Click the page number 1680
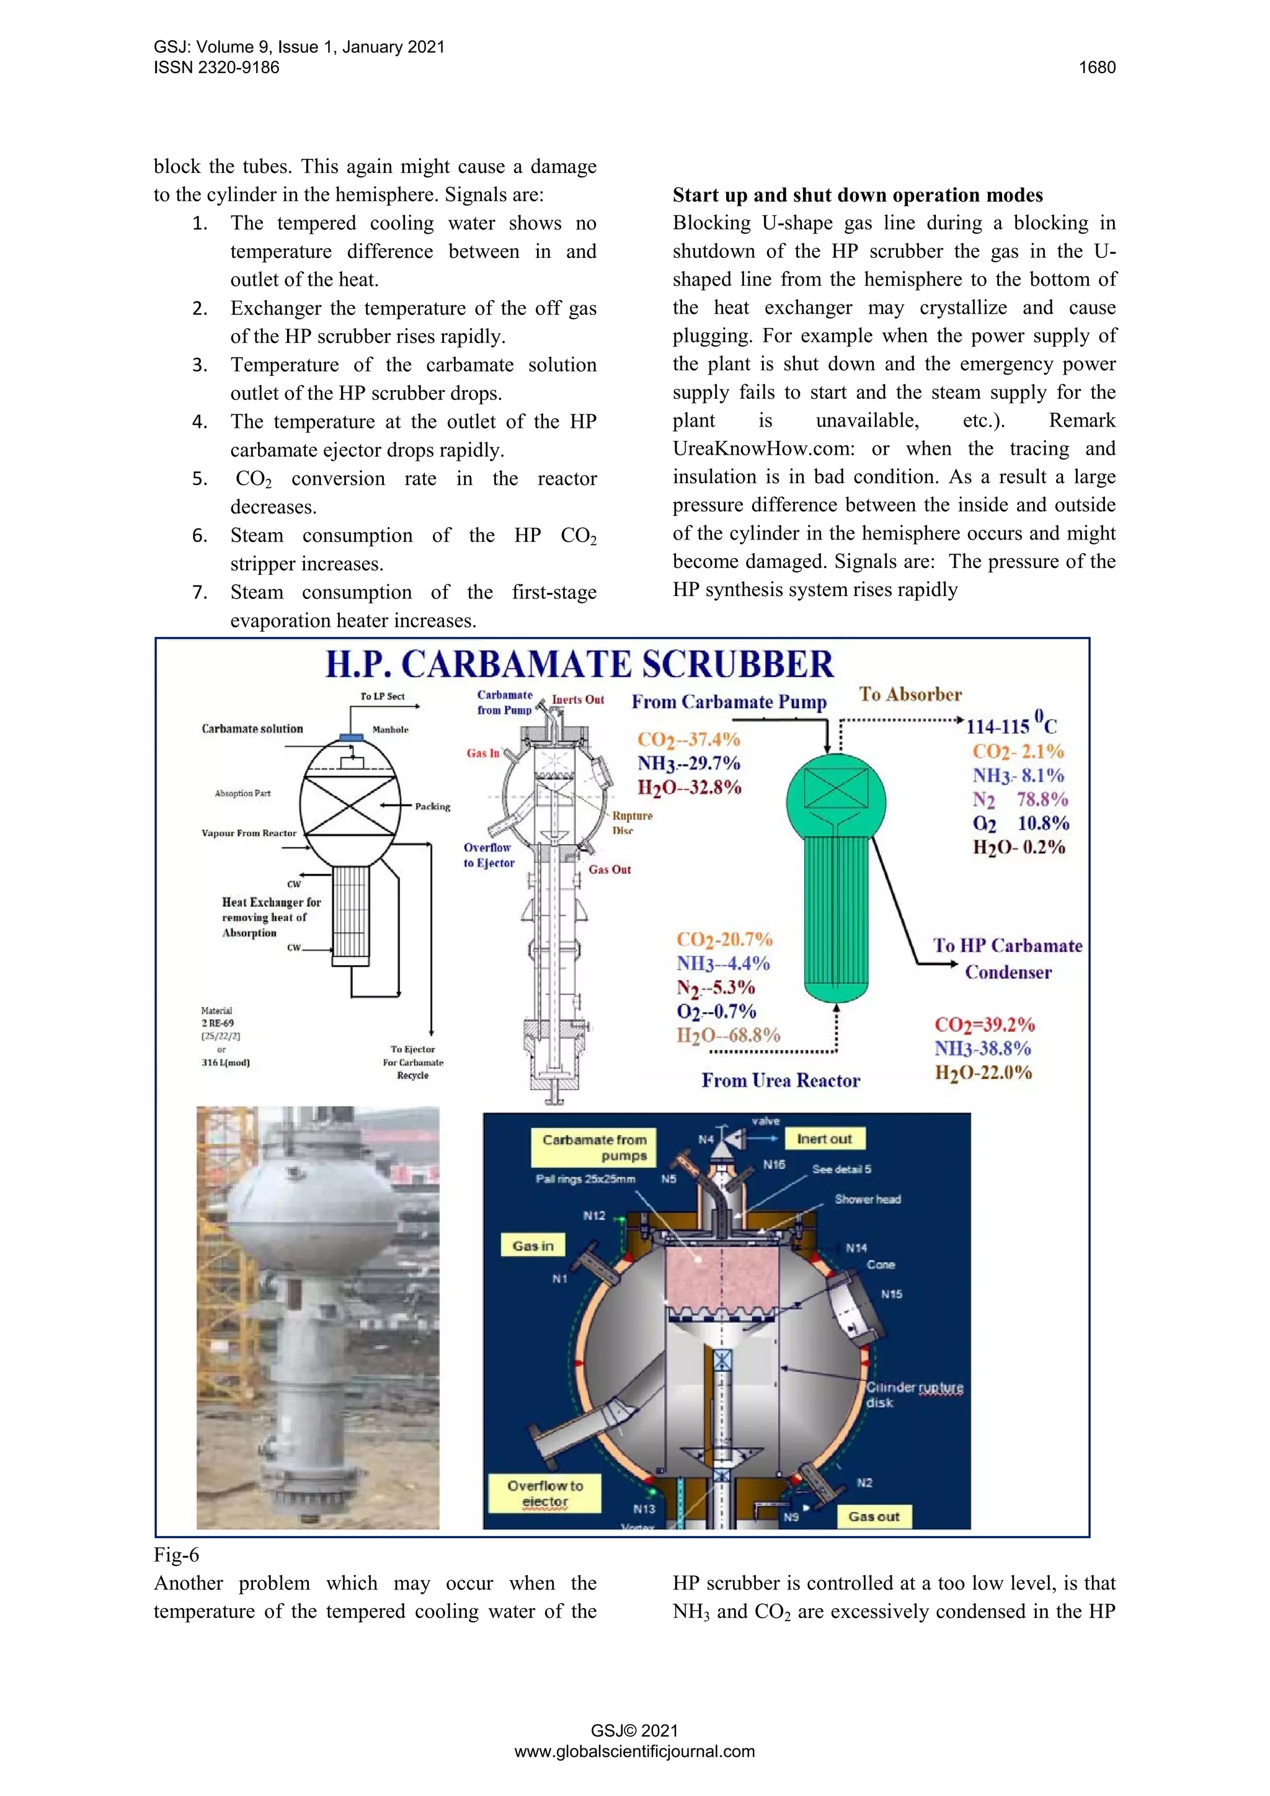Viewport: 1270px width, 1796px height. (1096, 67)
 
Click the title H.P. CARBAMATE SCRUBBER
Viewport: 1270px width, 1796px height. (579, 665)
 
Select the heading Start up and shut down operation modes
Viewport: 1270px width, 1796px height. (857, 195)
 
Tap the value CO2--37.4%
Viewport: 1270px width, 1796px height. (688, 739)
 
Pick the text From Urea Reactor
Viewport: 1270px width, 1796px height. (781, 1080)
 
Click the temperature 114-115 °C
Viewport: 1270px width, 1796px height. (1010, 725)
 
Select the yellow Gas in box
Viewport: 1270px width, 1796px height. (533, 1246)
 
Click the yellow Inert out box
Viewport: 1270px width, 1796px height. (824, 1139)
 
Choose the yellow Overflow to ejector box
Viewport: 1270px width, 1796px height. (544, 1493)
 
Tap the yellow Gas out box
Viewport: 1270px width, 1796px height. (874, 1516)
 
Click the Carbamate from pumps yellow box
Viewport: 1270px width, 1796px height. (593, 1147)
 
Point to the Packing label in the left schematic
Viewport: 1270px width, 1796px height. (432, 806)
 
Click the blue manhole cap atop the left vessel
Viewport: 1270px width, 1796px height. (351, 737)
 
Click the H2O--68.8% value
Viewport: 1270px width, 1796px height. (728, 1035)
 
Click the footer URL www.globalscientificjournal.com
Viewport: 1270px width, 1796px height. (634, 1751)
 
